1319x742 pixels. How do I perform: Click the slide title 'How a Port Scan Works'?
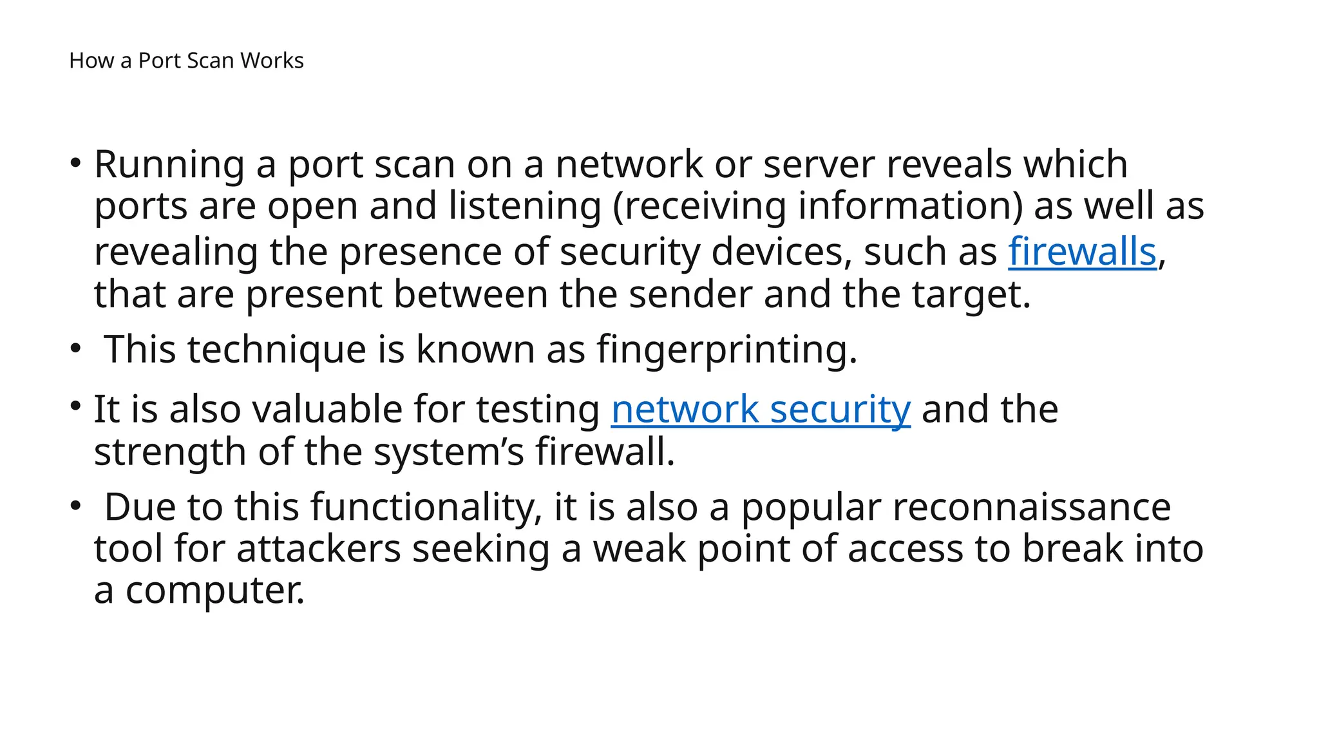(x=186, y=61)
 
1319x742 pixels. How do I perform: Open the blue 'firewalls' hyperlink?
(x=1082, y=251)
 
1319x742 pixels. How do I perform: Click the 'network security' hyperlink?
(x=761, y=409)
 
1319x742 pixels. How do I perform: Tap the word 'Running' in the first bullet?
(x=169, y=164)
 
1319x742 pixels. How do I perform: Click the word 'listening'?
(x=524, y=207)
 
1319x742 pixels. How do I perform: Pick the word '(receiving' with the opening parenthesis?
(x=699, y=207)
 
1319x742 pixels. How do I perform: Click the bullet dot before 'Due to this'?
(x=76, y=506)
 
